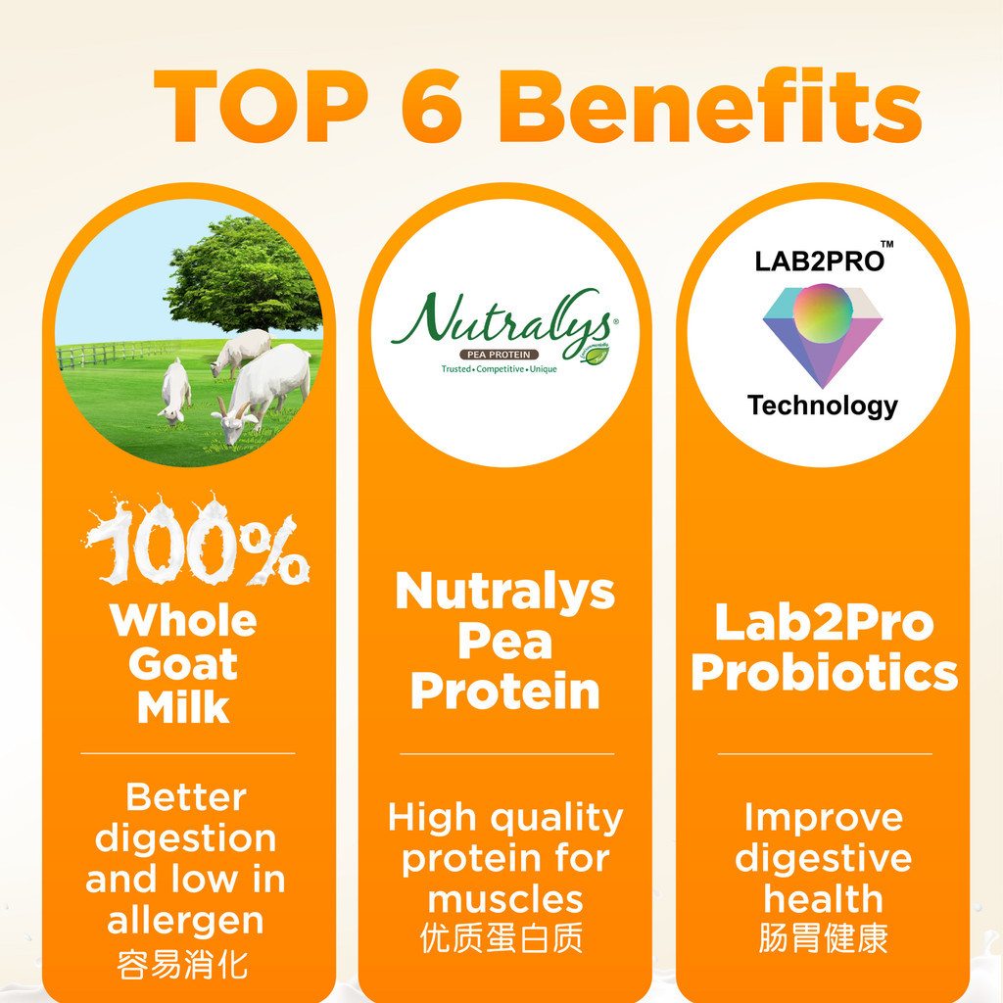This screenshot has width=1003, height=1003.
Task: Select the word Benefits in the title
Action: pos(716,108)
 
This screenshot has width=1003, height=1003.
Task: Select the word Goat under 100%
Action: pos(184,664)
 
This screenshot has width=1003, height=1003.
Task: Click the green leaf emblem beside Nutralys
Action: pos(595,354)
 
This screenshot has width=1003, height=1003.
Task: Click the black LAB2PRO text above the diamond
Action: pos(819,262)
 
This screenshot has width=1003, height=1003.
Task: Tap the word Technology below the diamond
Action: pos(822,406)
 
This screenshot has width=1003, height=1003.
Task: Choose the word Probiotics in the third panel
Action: pos(824,673)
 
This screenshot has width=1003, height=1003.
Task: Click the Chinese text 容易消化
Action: pos(183,966)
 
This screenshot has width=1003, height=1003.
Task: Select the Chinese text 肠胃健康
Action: pos(823,938)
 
